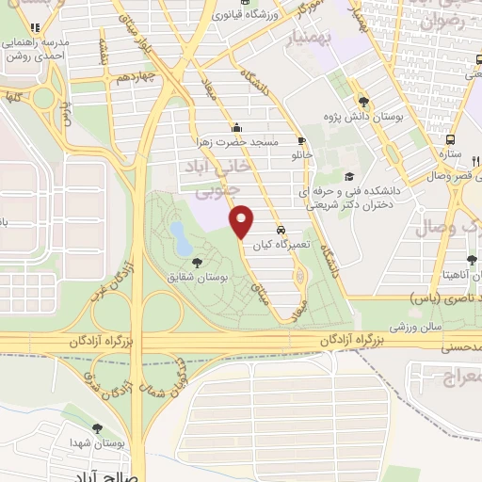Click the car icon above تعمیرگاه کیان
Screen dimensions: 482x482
(281, 230)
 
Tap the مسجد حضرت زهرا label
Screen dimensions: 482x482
(244, 141)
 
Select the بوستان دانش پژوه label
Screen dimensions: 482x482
(365, 117)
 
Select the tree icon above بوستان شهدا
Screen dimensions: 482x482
(97, 428)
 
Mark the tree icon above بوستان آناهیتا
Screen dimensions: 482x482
(471, 260)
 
